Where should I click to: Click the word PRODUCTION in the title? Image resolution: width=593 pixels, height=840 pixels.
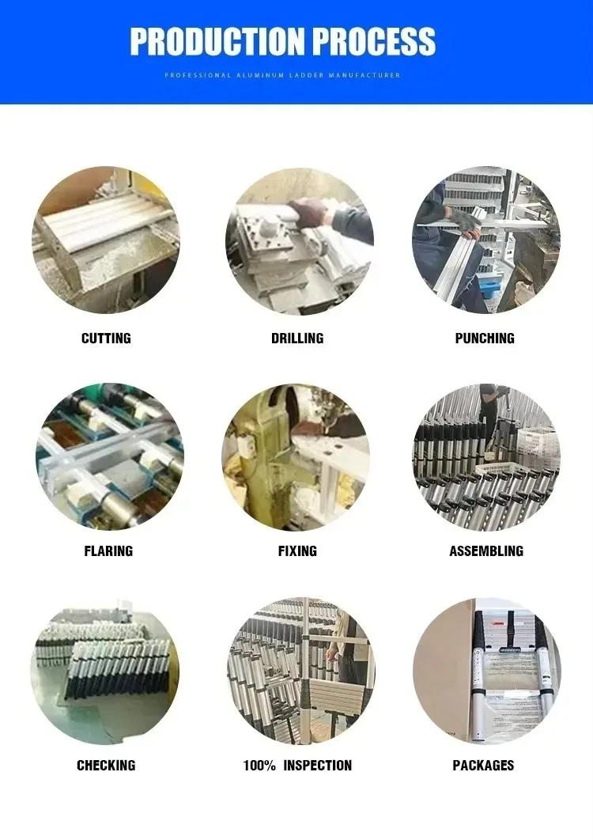point(215,41)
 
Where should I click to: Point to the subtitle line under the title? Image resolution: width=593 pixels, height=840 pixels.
point(282,75)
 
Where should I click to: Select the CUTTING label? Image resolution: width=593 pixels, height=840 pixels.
point(106,339)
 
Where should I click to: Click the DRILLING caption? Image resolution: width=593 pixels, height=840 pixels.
point(297,339)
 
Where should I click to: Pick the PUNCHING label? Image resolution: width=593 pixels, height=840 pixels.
point(485,339)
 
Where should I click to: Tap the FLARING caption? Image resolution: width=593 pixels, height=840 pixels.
point(108,551)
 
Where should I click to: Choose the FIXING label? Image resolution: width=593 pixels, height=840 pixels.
point(297,551)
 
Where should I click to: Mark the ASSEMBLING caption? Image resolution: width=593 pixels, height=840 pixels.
point(486,551)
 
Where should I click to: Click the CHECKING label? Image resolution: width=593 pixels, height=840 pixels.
point(106,765)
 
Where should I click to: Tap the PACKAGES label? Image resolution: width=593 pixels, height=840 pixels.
point(483,765)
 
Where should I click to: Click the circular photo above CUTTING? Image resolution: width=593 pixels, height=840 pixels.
point(106,240)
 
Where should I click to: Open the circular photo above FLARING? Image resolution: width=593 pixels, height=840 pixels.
point(109,456)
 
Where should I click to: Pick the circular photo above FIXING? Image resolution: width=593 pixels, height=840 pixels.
point(296,456)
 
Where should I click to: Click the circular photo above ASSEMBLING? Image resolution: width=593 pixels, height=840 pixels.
point(486,456)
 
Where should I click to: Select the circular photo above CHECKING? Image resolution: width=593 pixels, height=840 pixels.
point(104,671)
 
